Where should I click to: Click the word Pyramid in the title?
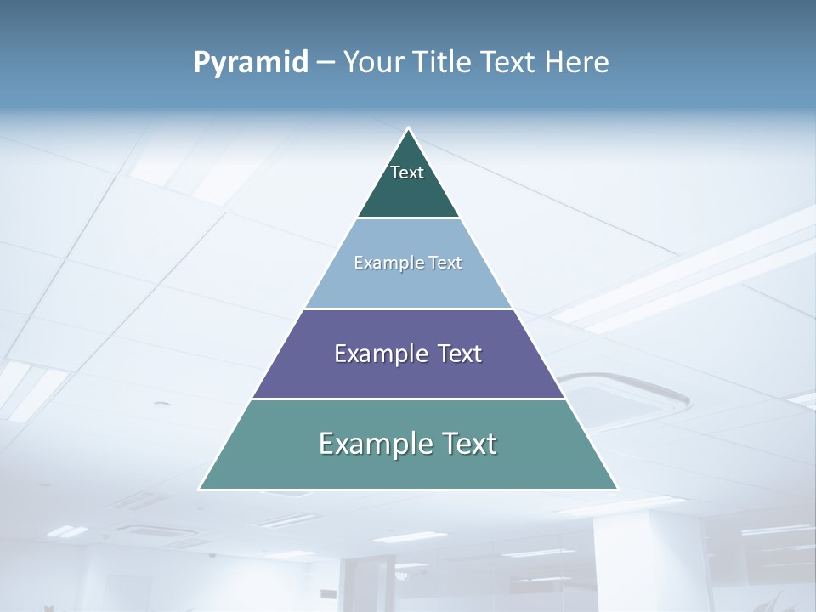(x=251, y=62)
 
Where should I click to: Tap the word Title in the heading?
(x=441, y=62)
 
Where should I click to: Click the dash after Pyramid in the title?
(x=325, y=63)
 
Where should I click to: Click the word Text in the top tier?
(x=407, y=173)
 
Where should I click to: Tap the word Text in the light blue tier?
(x=445, y=263)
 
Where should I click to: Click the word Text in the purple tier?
(x=458, y=354)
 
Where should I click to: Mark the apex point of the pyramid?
(x=408, y=129)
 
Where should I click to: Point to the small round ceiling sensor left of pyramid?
(x=161, y=405)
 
